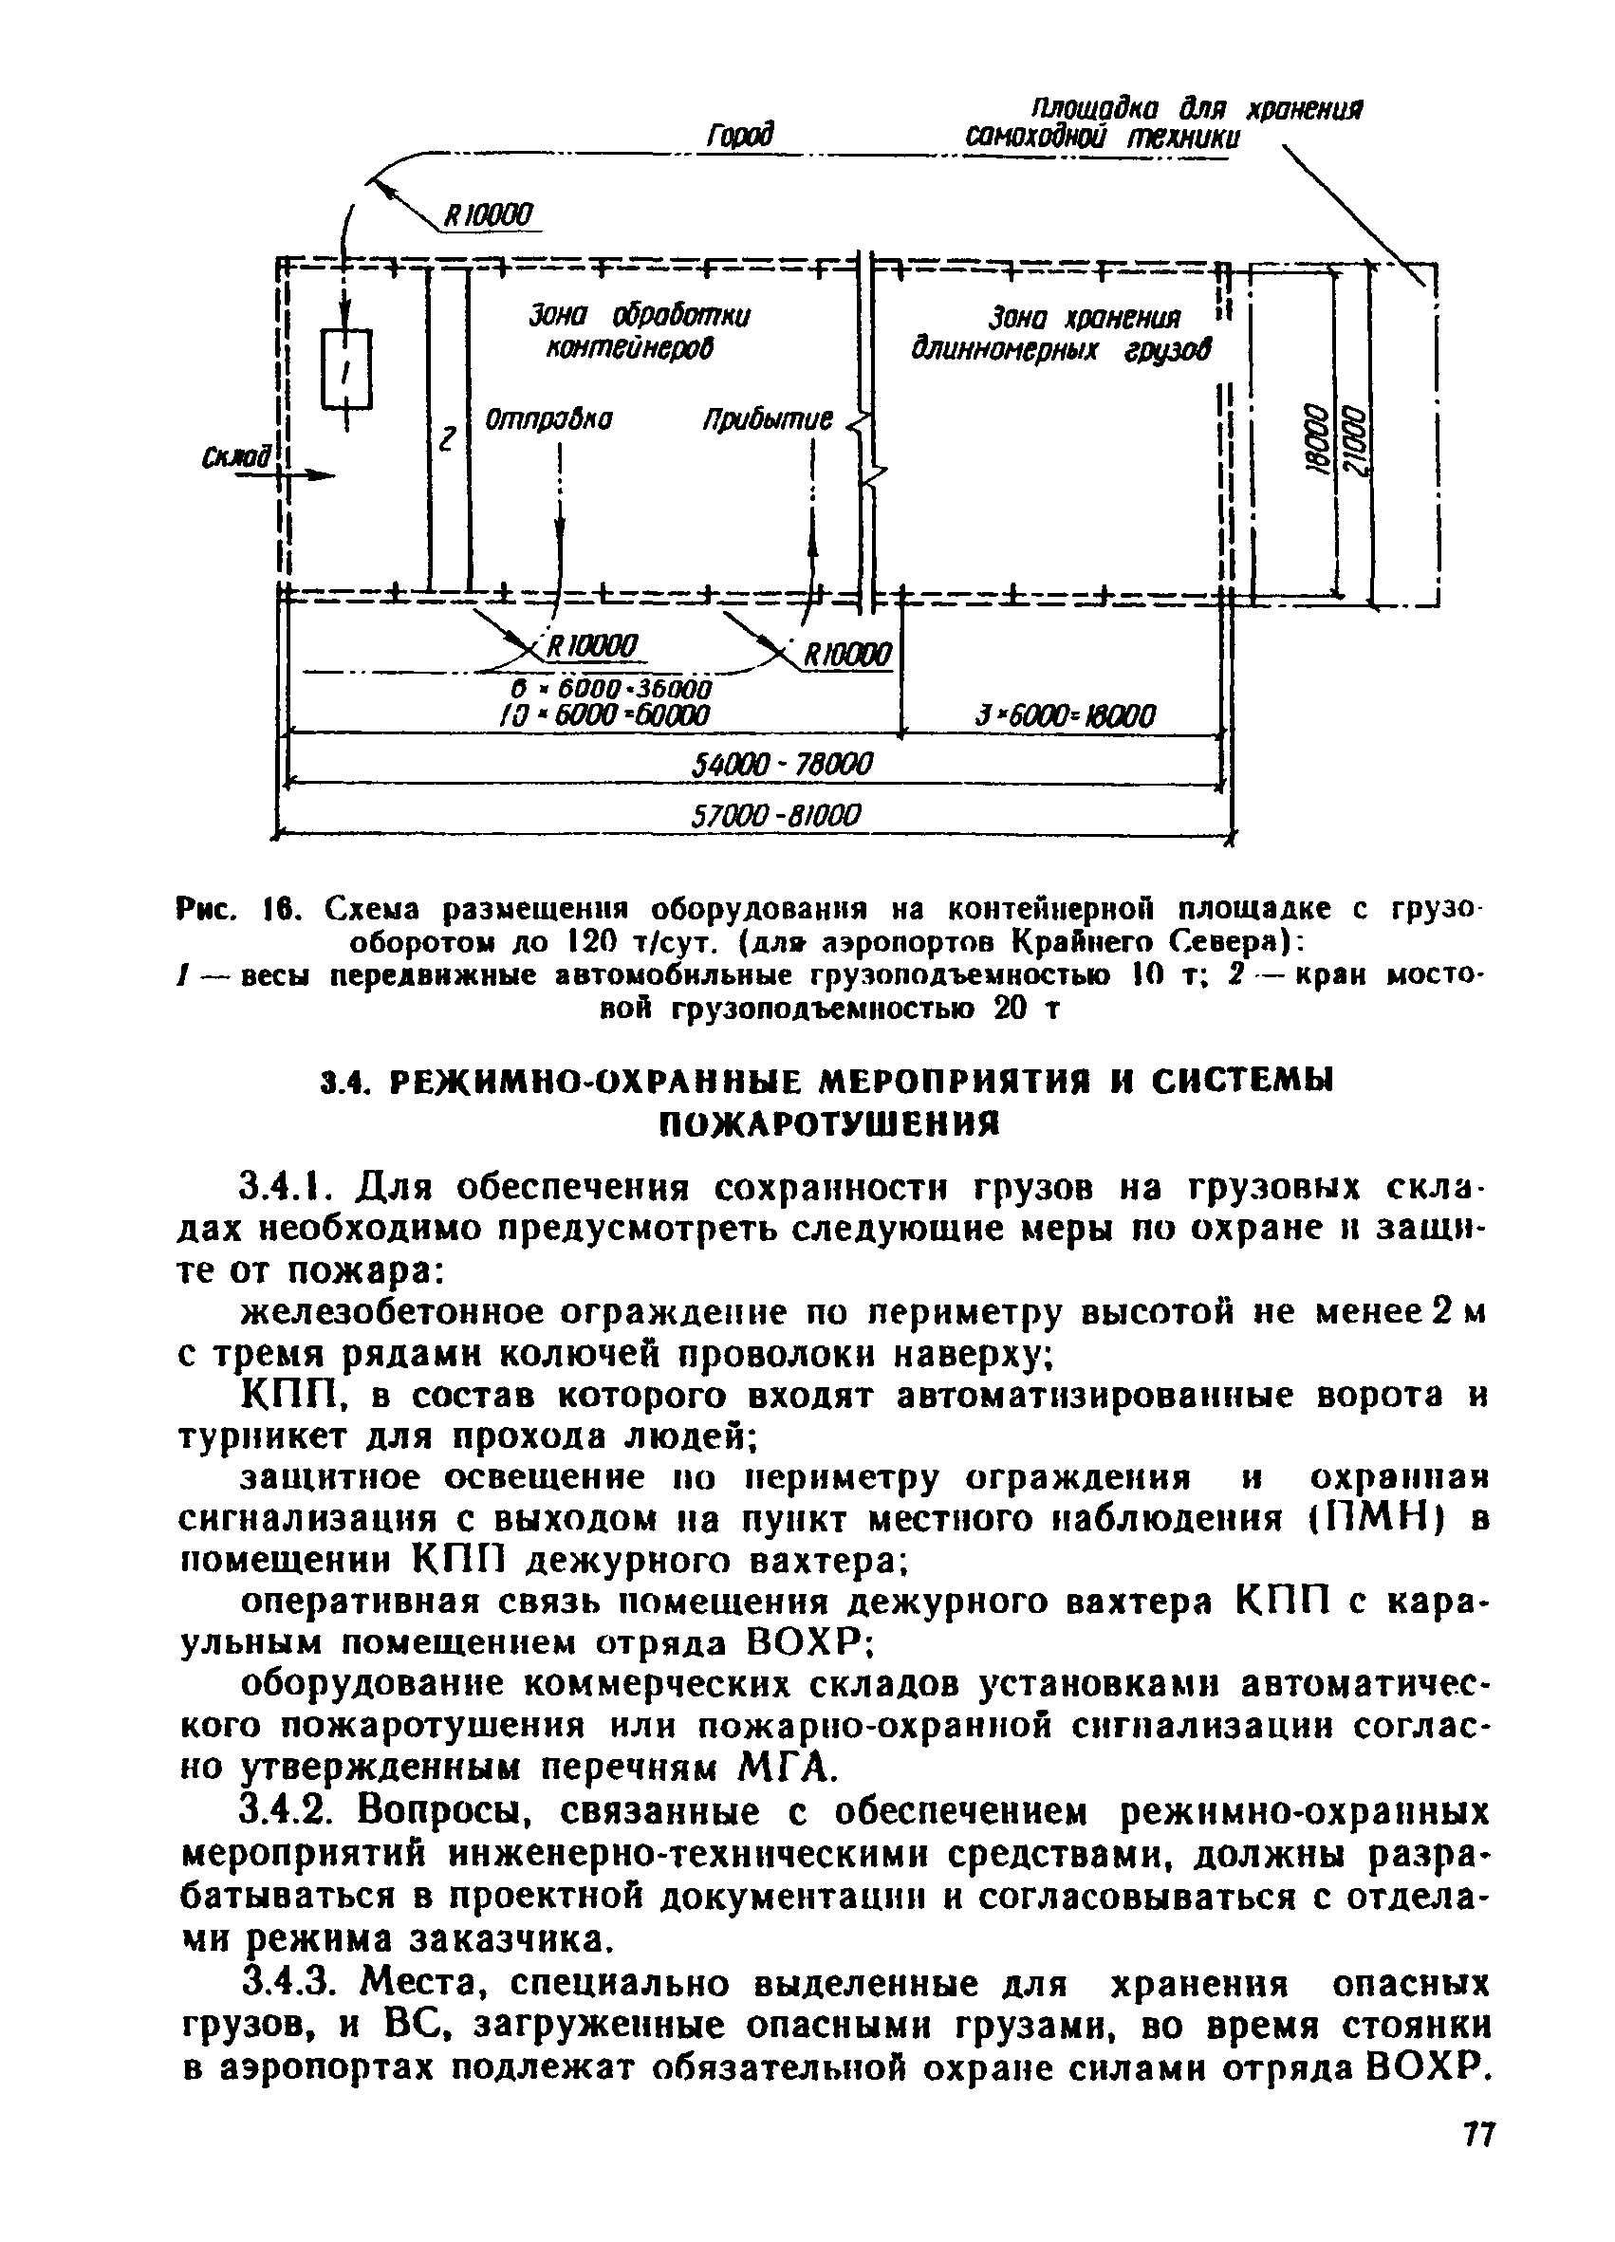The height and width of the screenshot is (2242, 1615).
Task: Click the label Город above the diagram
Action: pyautogui.click(x=739, y=136)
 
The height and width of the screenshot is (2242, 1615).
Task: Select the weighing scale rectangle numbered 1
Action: pyautogui.click(x=346, y=370)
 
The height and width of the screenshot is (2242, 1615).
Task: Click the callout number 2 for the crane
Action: pyautogui.click(x=447, y=439)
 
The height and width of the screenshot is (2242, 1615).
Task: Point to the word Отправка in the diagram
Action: pyautogui.click(x=548, y=420)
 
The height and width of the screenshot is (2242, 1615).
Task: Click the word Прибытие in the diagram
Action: pyautogui.click(x=767, y=421)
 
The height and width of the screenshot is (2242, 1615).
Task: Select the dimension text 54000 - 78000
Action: pyautogui.click(x=781, y=764)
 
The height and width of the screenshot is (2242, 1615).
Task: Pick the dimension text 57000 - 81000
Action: pyautogui.click(x=776, y=816)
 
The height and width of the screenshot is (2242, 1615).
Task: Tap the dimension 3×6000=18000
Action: pyautogui.click(x=1066, y=714)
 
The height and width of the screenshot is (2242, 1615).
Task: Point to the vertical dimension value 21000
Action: pyautogui.click(x=1356, y=445)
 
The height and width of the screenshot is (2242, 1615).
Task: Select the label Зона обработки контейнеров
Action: pyautogui.click(x=639, y=332)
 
